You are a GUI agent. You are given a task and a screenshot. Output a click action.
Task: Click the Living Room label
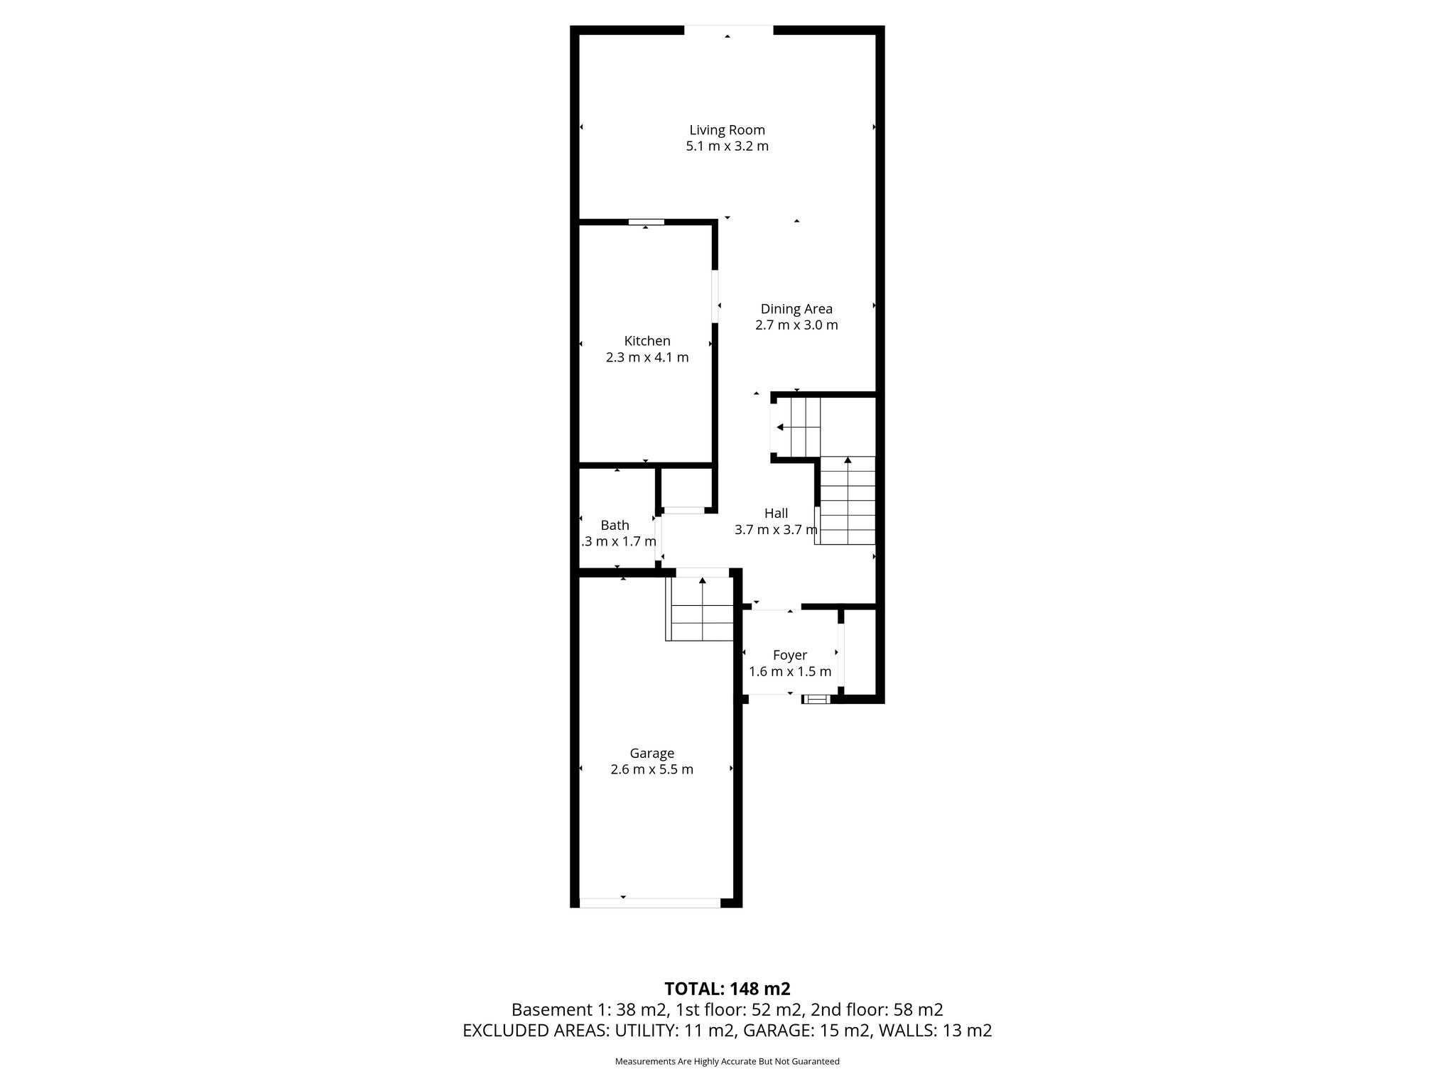pyautogui.click(x=727, y=130)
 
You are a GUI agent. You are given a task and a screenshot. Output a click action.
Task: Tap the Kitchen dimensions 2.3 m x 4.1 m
pyautogui.click(x=647, y=357)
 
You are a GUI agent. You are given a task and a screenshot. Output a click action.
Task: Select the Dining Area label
pyautogui.click(x=796, y=309)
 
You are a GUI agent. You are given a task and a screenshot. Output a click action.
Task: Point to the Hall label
pyautogui.click(x=776, y=513)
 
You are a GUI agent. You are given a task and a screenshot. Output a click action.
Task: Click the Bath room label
pyautogui.click(x=615, y=525)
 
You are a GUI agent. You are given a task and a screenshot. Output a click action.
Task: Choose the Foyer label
pyautogui.click(x=790, y=656)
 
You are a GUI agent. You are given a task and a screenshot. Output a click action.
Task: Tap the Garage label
pyautogui.click(x=652, y=754)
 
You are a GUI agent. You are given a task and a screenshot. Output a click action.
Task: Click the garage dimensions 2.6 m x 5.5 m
pyautogui.click(x=652, y=769)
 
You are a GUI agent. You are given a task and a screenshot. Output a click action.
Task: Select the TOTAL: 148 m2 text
pyautogui.click(x=727, y=989)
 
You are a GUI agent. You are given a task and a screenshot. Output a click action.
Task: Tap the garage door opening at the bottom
pyautogui.click(x=650, y=903)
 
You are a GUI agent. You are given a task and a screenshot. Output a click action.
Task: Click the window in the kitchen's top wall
pyautogui.click(x=647, y=222)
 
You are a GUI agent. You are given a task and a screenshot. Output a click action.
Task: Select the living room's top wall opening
pyautogui.click(x=728, y=30)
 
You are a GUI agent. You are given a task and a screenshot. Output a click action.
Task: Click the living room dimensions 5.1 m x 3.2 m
pyautogui.click(x=727, y=146)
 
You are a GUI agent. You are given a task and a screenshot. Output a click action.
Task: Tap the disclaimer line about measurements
pyautogui.click(x=727, y=1061)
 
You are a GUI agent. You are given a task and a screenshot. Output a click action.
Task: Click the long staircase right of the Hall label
pyautogui.click(x=848, y=500)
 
